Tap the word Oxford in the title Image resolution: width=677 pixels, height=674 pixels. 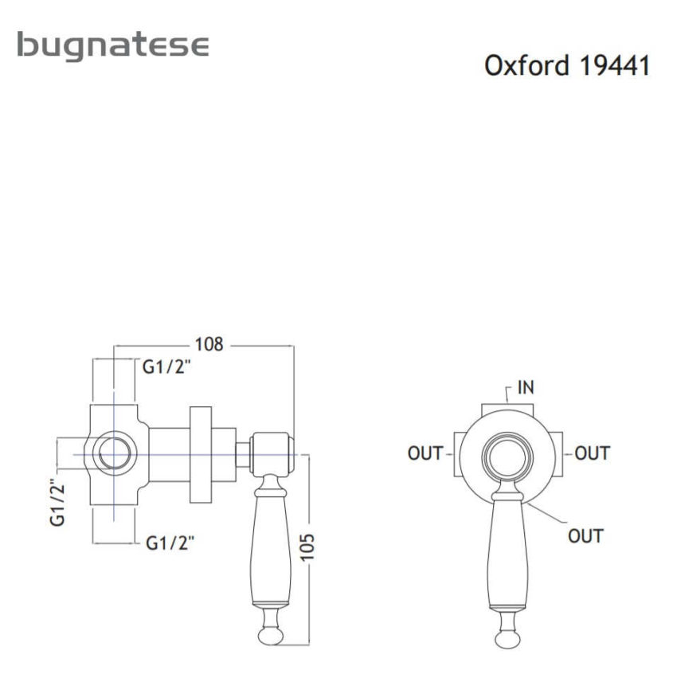pyautogui.click(x=526, y=65)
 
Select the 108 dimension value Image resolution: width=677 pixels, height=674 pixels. pyautogui.click(x=209, y=344)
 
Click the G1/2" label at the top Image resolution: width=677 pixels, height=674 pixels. pyautogui.click(x=167, y=367)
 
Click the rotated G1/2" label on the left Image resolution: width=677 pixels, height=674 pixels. pyautogui.click(x=57, y=501)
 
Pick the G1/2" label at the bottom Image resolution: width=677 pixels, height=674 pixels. pyautogui.click(x=170, y=543)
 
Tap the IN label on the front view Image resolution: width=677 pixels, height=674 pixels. pyautogui.click(x=526, y=388)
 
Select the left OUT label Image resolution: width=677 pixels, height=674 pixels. pyautogui.click(x=425, y=453)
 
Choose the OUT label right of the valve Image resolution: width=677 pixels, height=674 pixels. pyautogui.click(x=592, y=453)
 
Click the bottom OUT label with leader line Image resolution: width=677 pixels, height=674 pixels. pyautogui.click(x=585, y=535)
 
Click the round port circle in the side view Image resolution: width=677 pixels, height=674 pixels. pyautogui.click(x=114, y=454)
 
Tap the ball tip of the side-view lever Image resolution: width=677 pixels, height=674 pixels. pyautogui.click(x=272, y=634)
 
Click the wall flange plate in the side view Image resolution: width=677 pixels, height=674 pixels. pyautogui.click(x=202, y=454)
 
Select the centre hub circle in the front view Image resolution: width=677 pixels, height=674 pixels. pyautogui.click(x=507, y=459)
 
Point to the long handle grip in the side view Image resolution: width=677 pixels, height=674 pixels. pyautogui.click(x=272, y=550)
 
